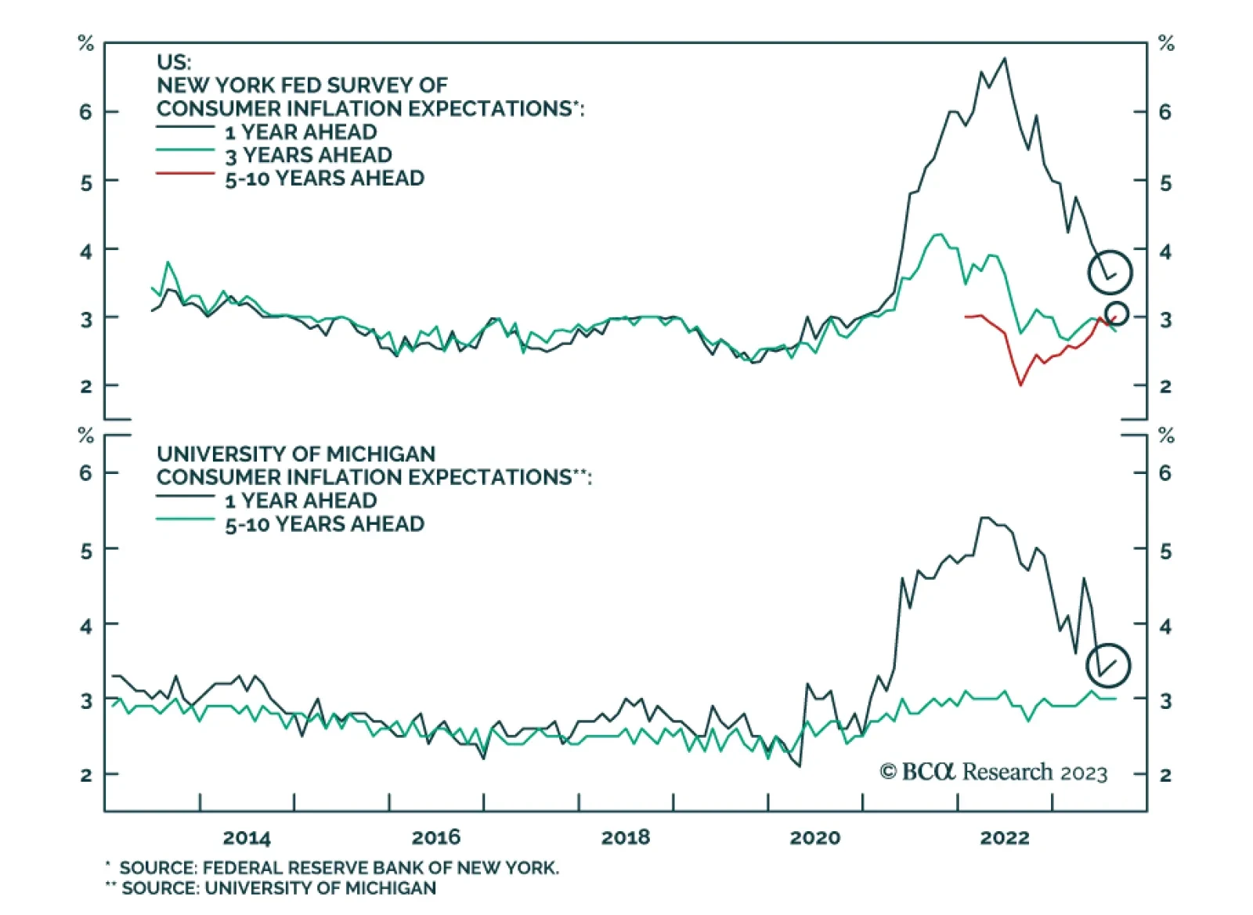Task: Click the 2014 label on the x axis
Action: click(x=247, y=837)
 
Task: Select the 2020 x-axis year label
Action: click(x=814, y=837)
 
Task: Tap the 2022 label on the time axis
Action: click(x=1004, y=837)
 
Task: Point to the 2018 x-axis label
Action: click(x=625, y=837)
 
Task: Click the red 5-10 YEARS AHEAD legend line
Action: click(x=185, y=173)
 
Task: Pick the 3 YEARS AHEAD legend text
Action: click(x=309, y=155)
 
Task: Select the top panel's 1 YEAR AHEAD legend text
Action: click(x=301, y=132)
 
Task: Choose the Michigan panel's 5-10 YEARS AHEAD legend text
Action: click(x=324, y=524)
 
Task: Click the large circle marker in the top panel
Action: click(x=1110, y=273)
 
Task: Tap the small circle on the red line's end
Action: click(x=1117, y=313)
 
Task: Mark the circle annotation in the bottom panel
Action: click(x=1108, y=665)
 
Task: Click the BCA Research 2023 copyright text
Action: click(x=994, y=772)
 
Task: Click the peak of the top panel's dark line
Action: click(x=1005, y=59)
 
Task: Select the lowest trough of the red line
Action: click(x=1020, y=385)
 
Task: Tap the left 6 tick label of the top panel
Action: click(x=85, y=112)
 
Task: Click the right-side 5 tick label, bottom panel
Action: click(x=1165, y=552)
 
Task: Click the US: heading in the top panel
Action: click(x=174, y=62)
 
